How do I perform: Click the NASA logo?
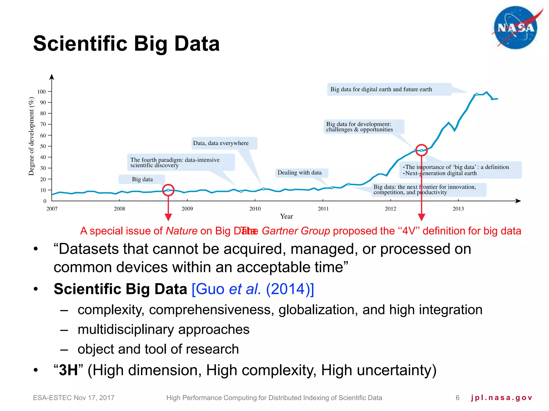click(x=515, y=28)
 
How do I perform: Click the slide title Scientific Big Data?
click(x=126, y=44)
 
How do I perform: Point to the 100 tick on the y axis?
click(x=42, y=92)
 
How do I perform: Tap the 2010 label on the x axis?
click(x=255, y=209)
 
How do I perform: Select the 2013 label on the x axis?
click(x=458, y=209)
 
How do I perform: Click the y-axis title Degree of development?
click(x=32, y=136)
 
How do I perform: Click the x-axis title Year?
click(x=286, y=216)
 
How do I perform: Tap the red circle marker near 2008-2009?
click(x=168, y=190)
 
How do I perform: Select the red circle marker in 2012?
click(x=421, y=150)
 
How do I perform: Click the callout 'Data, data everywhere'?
click(x=221, y=143)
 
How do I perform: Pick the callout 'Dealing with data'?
click(x=299, y=173)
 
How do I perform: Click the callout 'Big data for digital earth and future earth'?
click(x=381, y=89)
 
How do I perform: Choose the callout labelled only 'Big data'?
click(x=142, y=179)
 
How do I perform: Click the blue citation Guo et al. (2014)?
click(x=253, y=289)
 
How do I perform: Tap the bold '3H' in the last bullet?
click(x=68, y=370)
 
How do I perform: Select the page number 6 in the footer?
click(x=458, y=398)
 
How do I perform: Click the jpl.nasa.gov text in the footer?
click(x=501, y=398)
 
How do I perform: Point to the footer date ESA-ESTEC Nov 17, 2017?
click(x=74, y=398)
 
